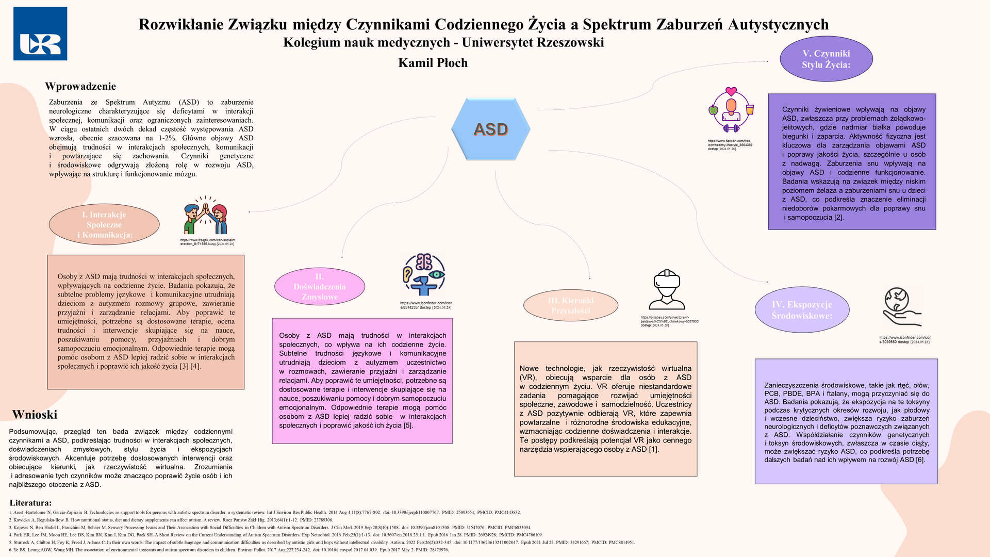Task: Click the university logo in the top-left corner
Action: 40,34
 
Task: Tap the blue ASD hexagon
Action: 490,129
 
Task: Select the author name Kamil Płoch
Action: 433,63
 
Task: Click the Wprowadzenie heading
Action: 80,86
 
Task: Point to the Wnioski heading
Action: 35,415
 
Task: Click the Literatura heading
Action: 30,503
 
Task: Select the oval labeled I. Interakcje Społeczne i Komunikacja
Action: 104,224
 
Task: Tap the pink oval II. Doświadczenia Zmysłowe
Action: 319,287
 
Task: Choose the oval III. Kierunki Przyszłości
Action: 570,305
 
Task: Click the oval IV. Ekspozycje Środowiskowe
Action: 802,310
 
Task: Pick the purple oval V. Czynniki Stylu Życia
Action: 826,59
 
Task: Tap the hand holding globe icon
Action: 901,307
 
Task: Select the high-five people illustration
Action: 206,215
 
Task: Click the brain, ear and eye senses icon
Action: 424,274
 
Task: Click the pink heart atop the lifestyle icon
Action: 731,92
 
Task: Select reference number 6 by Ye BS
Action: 229,550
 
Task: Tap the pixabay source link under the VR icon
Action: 669,321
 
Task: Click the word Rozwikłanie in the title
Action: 180,24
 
